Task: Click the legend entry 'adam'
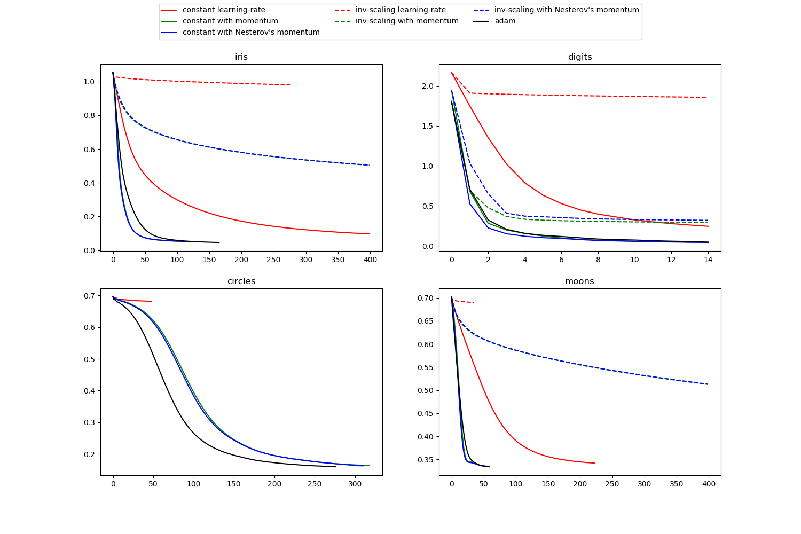[505, 21]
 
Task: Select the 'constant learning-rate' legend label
[224, 10]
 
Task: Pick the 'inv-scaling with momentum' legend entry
[407, 21]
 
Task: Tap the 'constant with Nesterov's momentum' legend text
[251, 33]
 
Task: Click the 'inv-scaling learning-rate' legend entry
[400, 10]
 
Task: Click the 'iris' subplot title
[241, 57]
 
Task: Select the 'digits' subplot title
[580, 57]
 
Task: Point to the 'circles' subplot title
[241, 281]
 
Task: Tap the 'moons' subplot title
[579, 281]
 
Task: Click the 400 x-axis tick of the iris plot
[370, 260]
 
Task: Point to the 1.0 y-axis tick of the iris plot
[89, 82]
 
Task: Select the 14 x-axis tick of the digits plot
[708, 260]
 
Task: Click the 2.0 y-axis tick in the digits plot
[427, 86]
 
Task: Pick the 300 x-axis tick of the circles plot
[355, 484]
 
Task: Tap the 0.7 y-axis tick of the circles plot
[89, 296]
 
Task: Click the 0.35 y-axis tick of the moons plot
[425, 460]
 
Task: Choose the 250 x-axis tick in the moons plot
[612, 484]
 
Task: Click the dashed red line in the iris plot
[214, 82]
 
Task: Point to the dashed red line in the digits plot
[587, 96]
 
